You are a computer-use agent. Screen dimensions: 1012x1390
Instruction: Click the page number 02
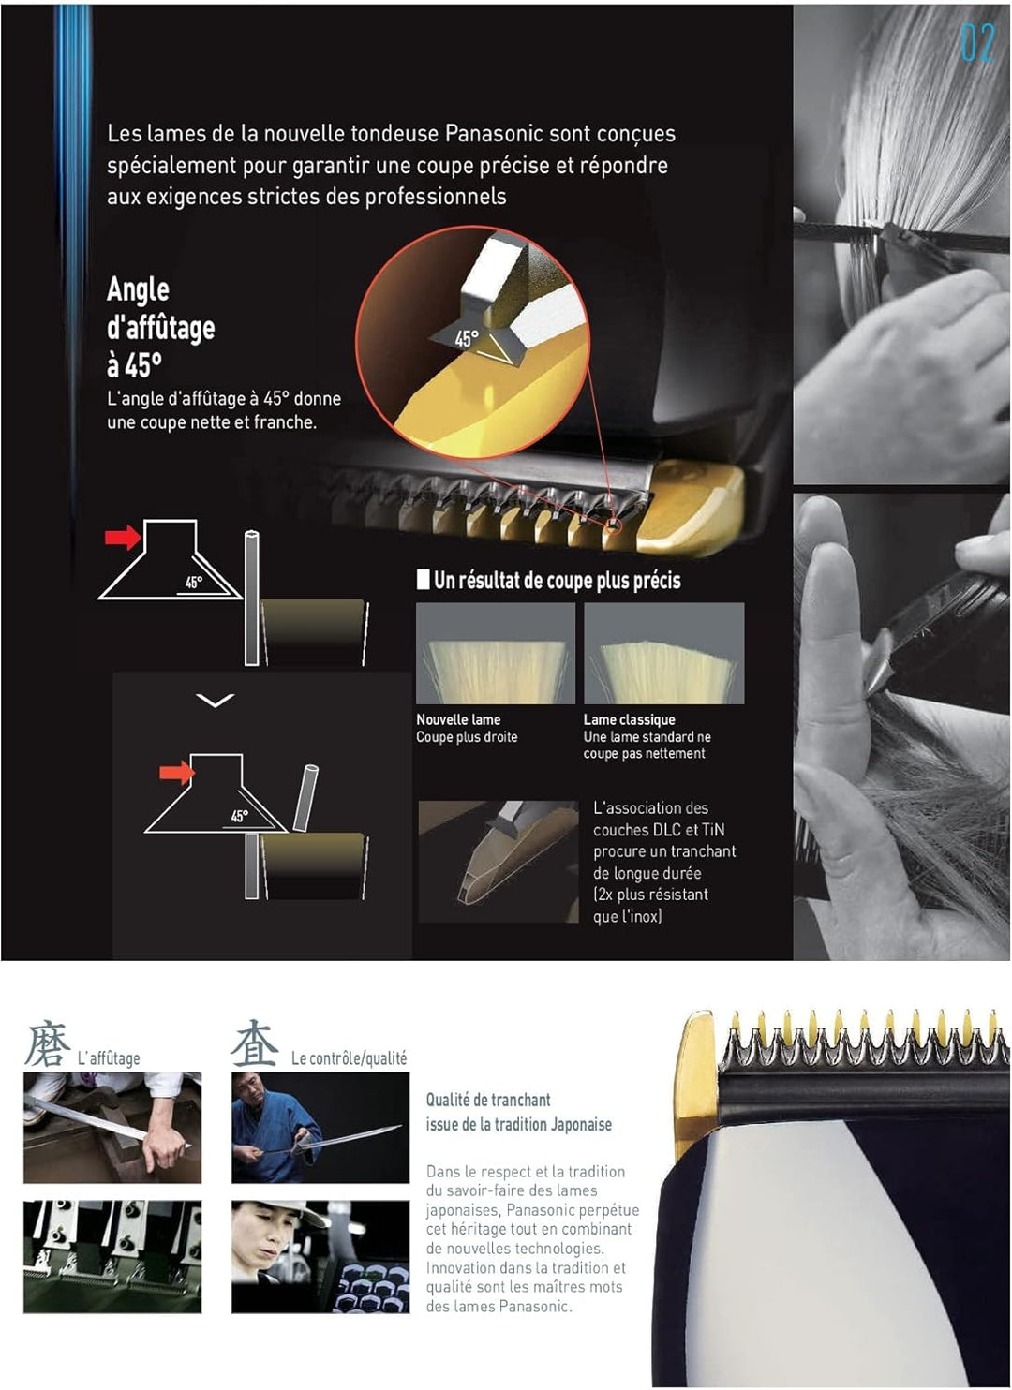click(x=978, y=42)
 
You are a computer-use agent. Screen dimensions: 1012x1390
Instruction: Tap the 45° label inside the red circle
click(x=467, y=339)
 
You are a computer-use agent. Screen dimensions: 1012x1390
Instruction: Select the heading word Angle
click(x=138, y=289)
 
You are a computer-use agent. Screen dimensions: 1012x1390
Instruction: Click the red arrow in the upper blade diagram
click(x=123, y=537)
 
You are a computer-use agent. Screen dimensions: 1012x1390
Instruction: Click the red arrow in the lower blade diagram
click(x=177, y=772)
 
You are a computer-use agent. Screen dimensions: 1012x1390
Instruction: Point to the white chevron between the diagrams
click(x=215, y=701)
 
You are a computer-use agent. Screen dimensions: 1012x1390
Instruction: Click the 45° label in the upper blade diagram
click(x=194, y=582)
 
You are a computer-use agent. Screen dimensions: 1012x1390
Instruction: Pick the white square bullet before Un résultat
click(x=423, y=580)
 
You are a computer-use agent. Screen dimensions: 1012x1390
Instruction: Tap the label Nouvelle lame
click(x=458, y=719)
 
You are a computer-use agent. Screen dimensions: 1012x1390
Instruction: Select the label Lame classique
click(x=629, y=719)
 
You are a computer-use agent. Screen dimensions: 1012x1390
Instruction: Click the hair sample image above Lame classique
click(x=663, y=653)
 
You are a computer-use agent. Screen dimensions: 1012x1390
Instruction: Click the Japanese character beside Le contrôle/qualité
click(x=254, y=1045)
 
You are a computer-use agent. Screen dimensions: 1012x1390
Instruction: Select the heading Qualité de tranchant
click(x=488, y=1101)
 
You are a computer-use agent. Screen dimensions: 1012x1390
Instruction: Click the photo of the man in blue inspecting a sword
click(x=320, y=1128)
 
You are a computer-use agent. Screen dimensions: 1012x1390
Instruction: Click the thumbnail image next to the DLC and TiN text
click(x=499, y=862)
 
